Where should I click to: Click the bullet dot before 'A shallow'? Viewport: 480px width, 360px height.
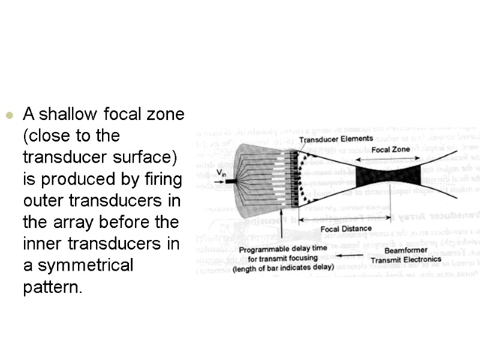pos(8,115)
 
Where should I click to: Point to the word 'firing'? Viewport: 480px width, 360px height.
pos(161,179)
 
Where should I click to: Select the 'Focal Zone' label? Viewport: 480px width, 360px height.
pos(391,149)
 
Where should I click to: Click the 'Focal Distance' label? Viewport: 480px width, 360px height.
pos(346,229)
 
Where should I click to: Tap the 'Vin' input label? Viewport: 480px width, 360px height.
pos(221,173)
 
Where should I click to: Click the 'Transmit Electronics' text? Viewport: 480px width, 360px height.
pos(406,260)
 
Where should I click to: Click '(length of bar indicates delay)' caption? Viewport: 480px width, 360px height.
pos(283,268)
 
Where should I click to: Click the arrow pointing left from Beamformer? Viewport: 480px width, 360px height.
pos(355,255)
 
